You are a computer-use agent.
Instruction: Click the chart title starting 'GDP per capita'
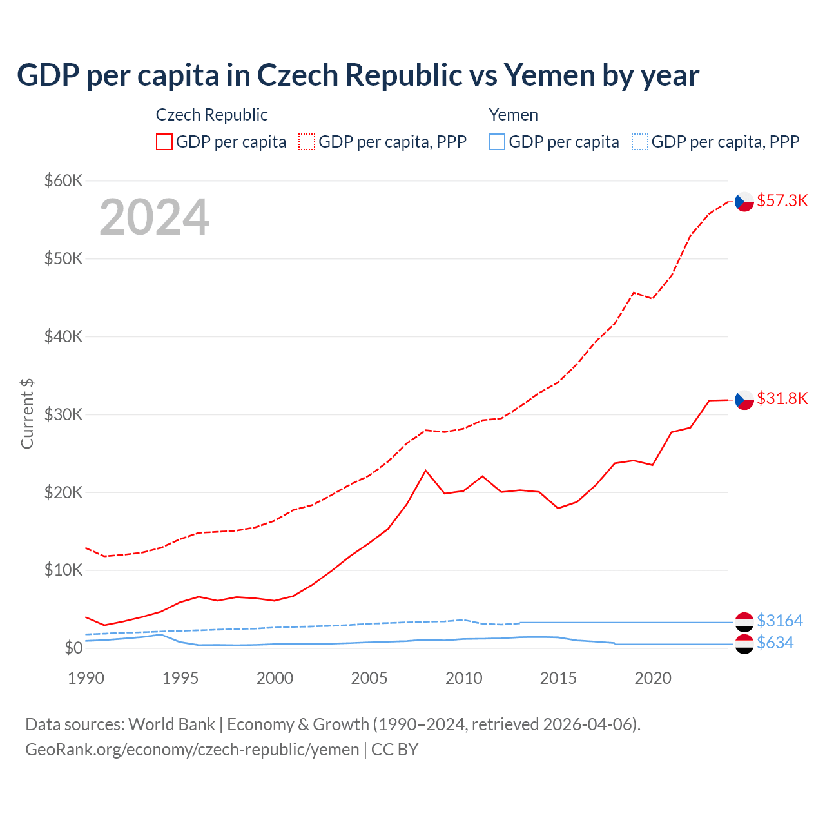(x=358, y=75)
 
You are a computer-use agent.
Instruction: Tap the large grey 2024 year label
(x=155, y=217)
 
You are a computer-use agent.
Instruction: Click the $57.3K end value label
(x=782, y=200)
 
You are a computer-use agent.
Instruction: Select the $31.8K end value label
(x=782, y=398)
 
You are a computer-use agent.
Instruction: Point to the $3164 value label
(x=779, y=621)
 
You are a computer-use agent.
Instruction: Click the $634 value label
(x=775, y=643)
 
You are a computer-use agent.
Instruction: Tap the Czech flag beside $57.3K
(x=744, y=202)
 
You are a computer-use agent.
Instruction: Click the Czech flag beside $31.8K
(x=744, y=400)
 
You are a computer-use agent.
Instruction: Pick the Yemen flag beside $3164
(x=744, y=622)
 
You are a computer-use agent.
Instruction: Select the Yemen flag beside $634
(x=744, y=644)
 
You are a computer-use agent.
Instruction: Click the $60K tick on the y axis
(x=64, y=180)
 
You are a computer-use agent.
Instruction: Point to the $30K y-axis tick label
(x=64, y=414)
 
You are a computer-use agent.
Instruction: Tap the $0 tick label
(x=73, y=648)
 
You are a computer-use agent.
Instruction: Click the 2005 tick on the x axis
(x=369, y=678)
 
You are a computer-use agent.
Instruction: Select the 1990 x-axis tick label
(x=86, y=678)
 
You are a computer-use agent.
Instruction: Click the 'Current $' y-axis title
(x=27, y=414)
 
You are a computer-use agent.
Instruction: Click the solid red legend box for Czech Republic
(x=164, y=142)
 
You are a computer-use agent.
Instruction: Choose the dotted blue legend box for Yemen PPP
(x=640, y=142)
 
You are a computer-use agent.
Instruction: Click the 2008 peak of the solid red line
(x=425, y=471)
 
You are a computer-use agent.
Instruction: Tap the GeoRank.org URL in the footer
(x=192, y=750)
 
